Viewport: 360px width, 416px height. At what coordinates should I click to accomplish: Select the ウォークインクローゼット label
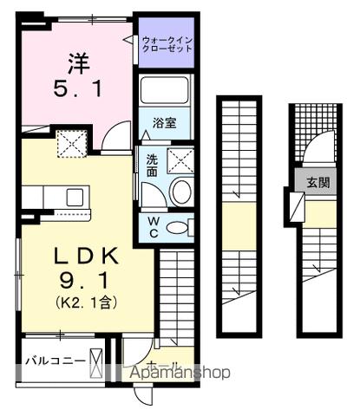167,44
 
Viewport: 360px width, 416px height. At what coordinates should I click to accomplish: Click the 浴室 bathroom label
166,123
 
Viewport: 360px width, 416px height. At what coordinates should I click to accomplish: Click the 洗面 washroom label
151,165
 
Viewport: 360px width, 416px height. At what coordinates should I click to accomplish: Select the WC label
152,227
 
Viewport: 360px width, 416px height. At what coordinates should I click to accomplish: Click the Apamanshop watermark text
180,374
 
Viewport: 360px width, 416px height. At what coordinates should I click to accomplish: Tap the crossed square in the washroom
180,161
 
